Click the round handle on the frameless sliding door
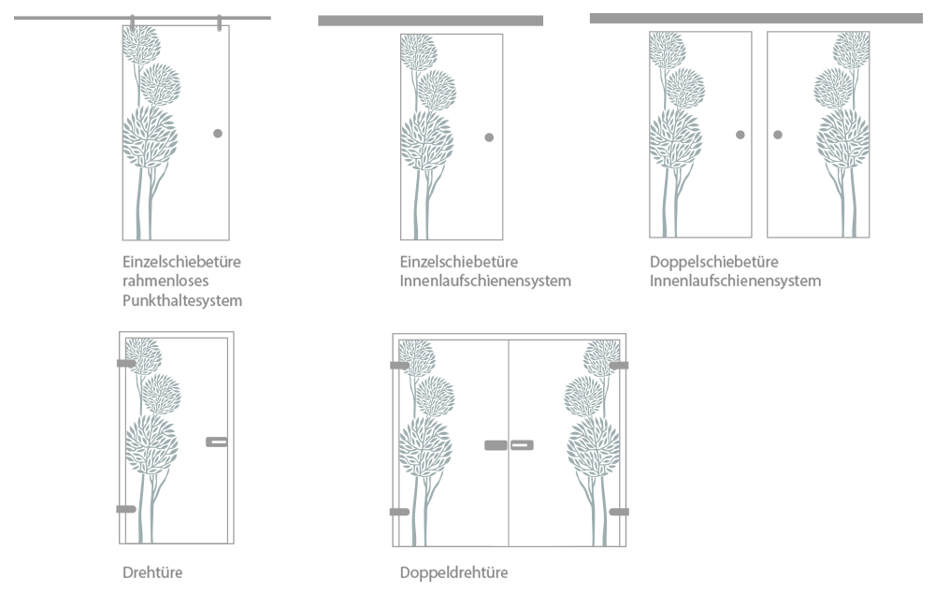(218, 134)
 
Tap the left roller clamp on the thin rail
(133, 23)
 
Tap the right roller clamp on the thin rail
(220, 23)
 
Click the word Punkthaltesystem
(182, 300)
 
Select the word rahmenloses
(165, 281)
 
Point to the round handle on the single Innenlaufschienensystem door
(489, 138)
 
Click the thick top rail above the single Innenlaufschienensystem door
(430, 21)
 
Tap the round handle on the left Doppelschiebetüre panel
(740, 135)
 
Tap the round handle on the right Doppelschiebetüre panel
(778, 135)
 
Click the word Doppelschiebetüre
(713, 261)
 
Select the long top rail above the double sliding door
(756, 19)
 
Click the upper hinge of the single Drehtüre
(126, 363)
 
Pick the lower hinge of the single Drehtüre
(126, 509)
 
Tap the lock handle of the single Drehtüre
(217, 442)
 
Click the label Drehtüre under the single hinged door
(152, 572)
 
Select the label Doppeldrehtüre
(453, 572)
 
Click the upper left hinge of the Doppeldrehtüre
(399, 365)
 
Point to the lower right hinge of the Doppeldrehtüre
(619, 512)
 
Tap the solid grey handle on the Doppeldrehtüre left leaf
(496, 445)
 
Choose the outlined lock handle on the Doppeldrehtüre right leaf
(522, 445)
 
